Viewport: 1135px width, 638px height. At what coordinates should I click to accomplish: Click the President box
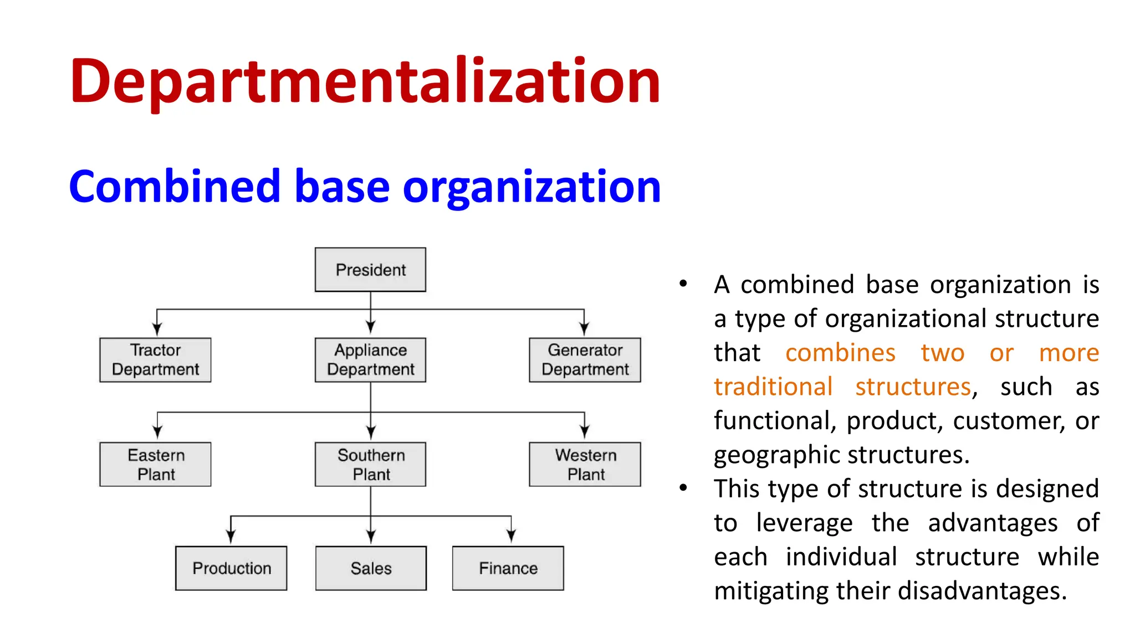[x=370, y=270]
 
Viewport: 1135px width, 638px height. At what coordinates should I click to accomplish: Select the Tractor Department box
[x=155, y=360]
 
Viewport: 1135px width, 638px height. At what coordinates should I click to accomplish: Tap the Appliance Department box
[x=370, y=360]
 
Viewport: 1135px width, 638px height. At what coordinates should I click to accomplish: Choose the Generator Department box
[x=585, y=360]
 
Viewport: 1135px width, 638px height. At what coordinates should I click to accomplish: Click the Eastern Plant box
[x=155, y=464]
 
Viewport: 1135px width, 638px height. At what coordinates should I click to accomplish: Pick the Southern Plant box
[x=370, y=464]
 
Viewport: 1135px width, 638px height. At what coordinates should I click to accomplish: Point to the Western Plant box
[x=585, y=464]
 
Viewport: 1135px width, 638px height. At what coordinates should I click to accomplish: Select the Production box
[x=231, y=568]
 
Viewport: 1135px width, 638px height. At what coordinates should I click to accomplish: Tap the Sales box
[x=371, y=568]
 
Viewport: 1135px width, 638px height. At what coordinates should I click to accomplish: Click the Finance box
[x=508, y=568]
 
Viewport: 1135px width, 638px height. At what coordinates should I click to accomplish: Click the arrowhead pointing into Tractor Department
[x=157, y=329]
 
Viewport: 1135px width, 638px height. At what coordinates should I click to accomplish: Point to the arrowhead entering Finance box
[x=511, y=535]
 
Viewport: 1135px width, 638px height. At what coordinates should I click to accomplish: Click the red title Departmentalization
[x=365, y=82]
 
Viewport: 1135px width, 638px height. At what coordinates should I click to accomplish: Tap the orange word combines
[x=840, y=353]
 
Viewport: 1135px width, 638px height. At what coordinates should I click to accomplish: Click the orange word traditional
[x=773, y=387]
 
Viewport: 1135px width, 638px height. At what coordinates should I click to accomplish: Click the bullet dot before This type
[x=683, y=488]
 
